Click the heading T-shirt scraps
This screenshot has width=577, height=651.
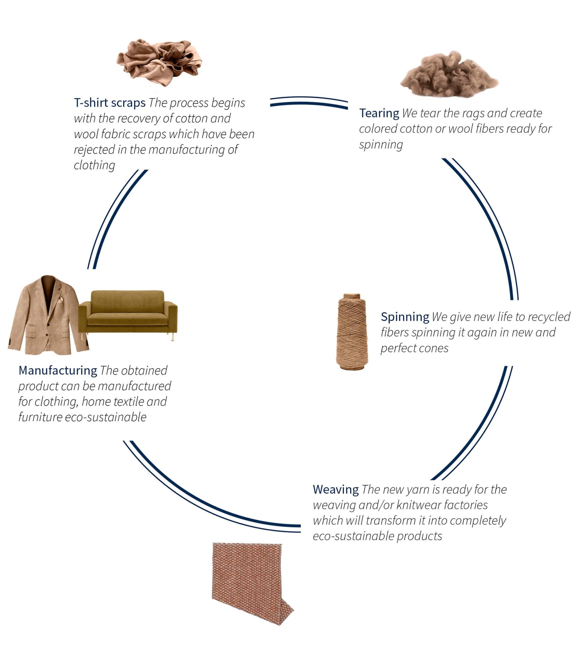coord(110,103)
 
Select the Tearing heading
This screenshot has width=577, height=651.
coord(379,114)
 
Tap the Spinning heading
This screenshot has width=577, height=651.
coord(405,317)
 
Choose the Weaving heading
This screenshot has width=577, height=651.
coord(336,489)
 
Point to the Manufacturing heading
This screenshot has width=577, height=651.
coord(58,371)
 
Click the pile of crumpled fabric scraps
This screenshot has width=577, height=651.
coord(159,62)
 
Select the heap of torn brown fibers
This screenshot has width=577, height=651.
coord(449,74)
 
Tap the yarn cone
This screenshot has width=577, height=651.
coord(352,332)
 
